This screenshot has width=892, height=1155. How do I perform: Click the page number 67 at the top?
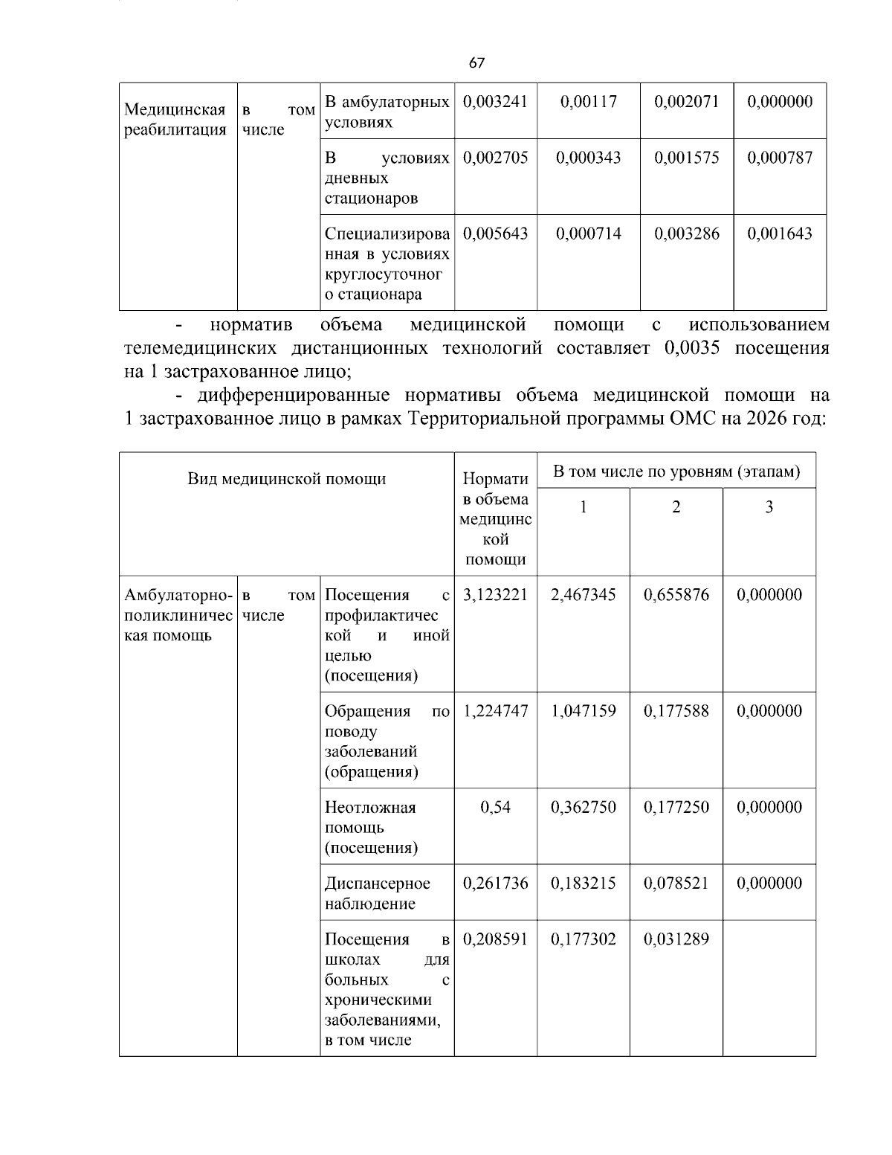point(476,63)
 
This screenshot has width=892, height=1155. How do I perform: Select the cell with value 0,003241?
point(495,102)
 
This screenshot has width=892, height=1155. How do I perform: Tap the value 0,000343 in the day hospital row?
point(588,158)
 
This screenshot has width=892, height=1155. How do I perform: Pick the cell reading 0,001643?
point(779,234)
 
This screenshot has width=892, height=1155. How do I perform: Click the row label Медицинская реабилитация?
point(175,120)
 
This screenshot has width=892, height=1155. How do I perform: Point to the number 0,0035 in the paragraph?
point(692,348)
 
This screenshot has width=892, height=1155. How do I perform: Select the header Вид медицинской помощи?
point(287,478)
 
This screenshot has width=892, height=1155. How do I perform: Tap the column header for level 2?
point(676,507)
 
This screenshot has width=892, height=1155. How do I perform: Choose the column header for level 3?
point(769,507)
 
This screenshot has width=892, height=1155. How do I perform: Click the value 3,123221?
point(495,595)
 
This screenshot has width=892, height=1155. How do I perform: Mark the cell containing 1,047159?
point(584,711)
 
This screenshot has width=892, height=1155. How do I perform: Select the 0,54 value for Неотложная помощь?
point(495,808)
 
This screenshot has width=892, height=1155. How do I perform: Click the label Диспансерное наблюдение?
point(378,893)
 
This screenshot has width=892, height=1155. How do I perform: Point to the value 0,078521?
point(676,884)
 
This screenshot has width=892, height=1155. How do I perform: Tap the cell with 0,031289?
point(676,939)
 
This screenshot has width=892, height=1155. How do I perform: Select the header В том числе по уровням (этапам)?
point(676,472)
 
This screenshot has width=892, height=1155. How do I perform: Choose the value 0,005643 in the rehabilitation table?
point(495,234)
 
